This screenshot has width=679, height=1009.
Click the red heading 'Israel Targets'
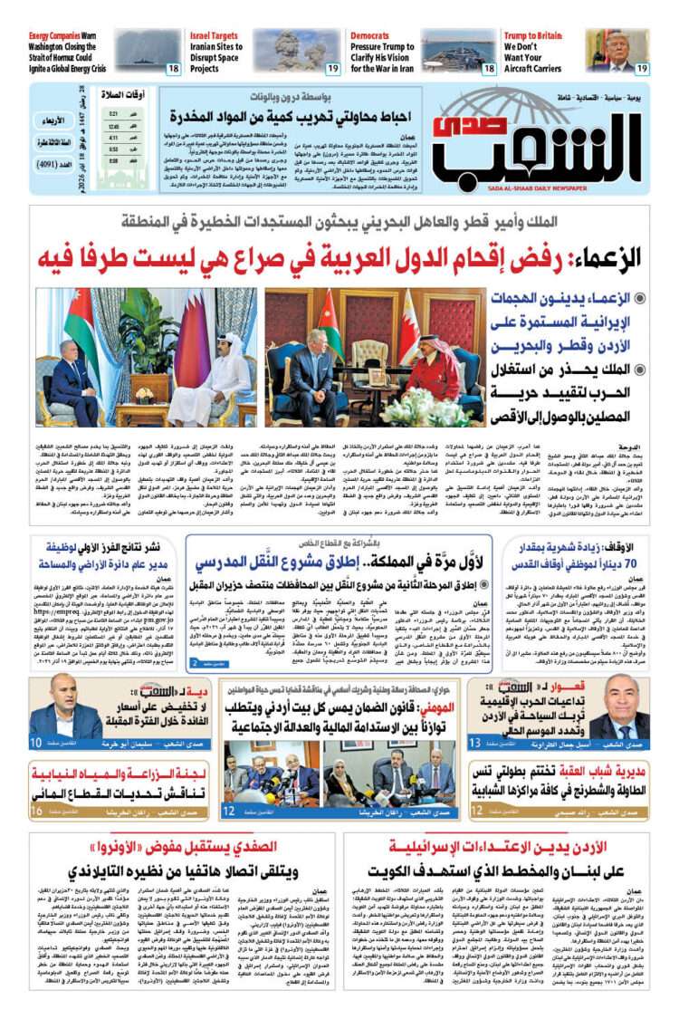pos(214,34)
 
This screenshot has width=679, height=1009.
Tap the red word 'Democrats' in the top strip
pos(369,35)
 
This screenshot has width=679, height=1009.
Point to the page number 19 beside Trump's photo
pos(641,68)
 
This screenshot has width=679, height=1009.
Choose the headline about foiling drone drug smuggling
pos(282,117)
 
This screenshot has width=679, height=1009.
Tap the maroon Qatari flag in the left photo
pos(194,344)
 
